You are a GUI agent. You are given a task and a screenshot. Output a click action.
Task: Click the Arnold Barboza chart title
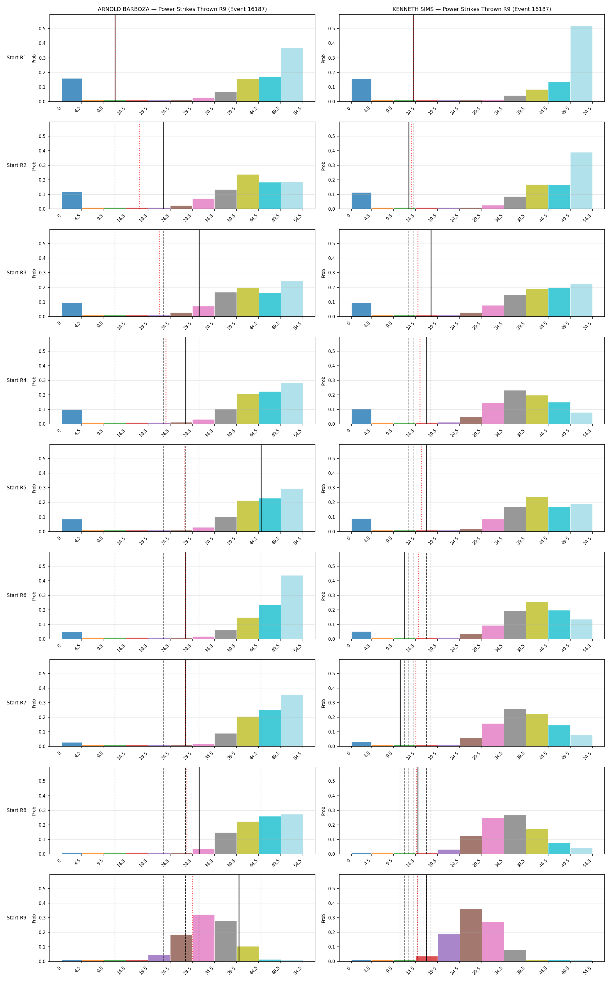[x=182, y=9]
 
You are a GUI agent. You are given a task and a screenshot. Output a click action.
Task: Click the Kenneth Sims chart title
[x=472, y=9]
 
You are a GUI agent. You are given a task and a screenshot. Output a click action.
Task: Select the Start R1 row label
[x=17, y=58]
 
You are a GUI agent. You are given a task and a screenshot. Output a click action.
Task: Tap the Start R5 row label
[x=17, y=488]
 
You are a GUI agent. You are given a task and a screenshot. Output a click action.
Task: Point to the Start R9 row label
[x=17, y=918]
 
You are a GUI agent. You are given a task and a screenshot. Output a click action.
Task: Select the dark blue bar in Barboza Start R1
[x=72, y=90]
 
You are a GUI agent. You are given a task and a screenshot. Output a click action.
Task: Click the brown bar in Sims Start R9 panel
[x=471, y=935]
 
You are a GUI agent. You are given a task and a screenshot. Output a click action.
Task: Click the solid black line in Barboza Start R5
[x=261, y=488]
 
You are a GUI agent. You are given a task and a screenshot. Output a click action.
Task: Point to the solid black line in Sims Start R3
[x=431, y=273]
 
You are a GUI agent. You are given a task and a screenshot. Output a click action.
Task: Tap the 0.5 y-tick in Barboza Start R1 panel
[x=42, y=29]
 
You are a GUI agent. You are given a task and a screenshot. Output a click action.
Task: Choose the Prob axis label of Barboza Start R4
[x=34, y=381]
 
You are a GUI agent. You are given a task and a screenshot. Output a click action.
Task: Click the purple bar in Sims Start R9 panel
[x=449, y=948]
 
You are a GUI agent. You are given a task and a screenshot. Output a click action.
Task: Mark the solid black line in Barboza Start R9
[x=239, y=918]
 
